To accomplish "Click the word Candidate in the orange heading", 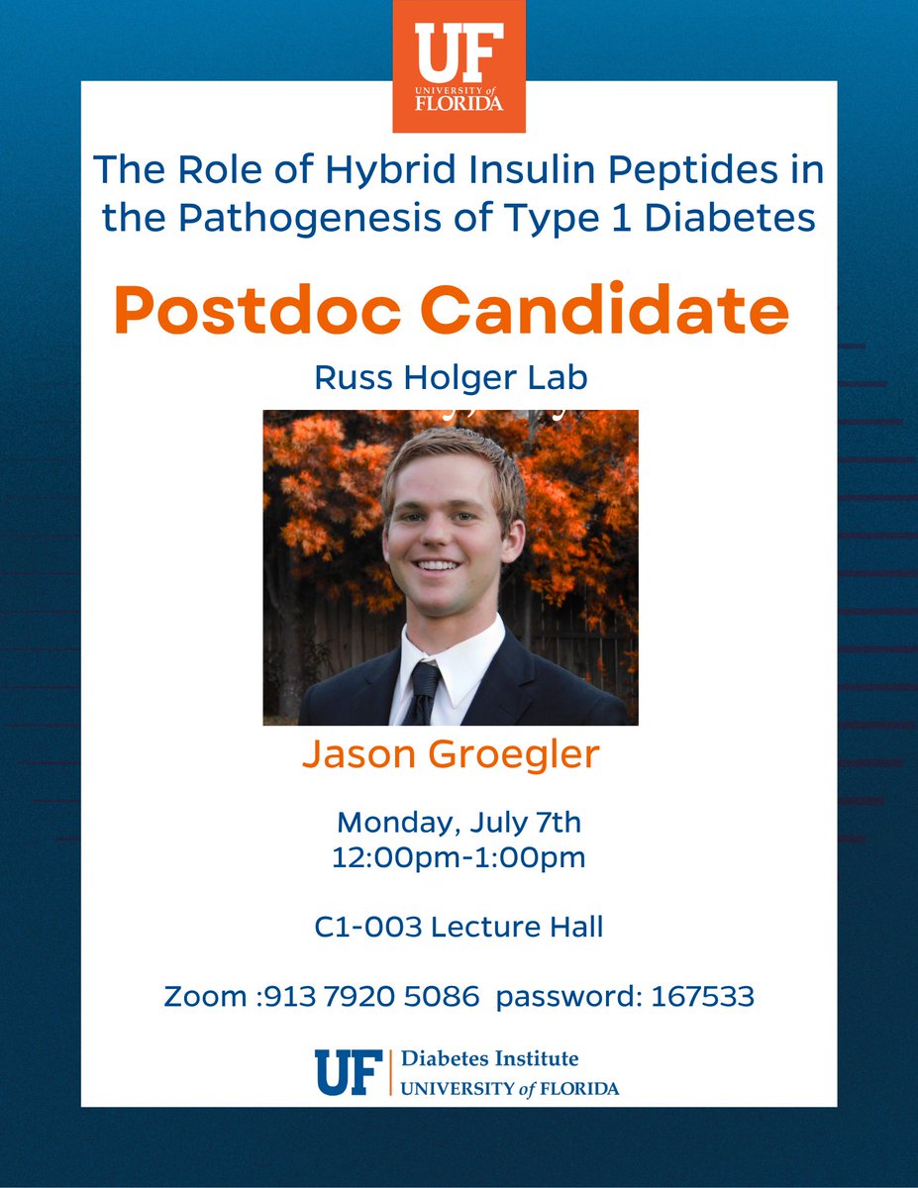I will click(x=610, y=310).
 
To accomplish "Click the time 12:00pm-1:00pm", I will click(x=459, y=857).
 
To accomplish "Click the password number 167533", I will click(x=702, y=997).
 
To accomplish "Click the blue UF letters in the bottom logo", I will click(x=348, y=1073).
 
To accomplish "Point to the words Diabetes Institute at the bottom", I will click(x=489, y=1059).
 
